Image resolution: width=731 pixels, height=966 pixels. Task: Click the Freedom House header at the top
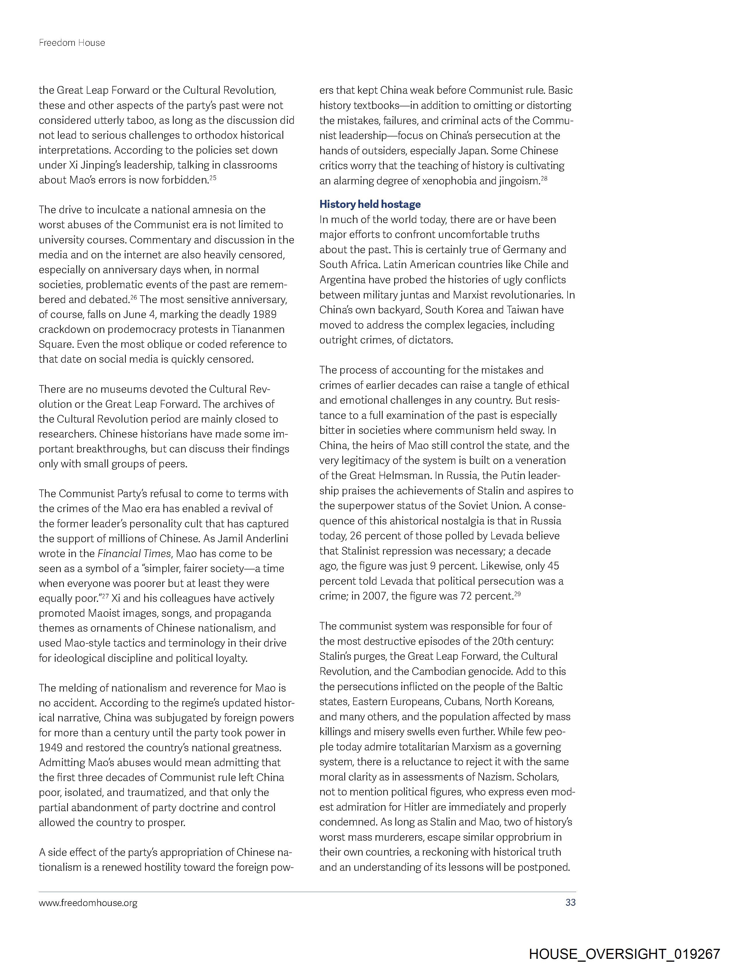click(x=72, y=43)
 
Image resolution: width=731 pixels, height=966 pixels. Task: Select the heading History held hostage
click(x=370, y=204)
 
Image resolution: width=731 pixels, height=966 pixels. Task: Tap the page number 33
click(x=570, y=902)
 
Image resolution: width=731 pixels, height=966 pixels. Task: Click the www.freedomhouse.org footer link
click(x=88, y=902)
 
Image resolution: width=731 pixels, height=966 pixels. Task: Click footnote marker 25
click(x=213, y=177)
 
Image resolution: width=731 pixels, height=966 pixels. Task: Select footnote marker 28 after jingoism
click(x=544, y=178)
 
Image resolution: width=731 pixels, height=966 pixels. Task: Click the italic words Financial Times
click(x=134, y=554)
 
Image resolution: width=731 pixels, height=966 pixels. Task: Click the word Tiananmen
click(x=258, y=329)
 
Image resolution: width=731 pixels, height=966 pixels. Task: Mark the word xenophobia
click(x=449, y=181)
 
